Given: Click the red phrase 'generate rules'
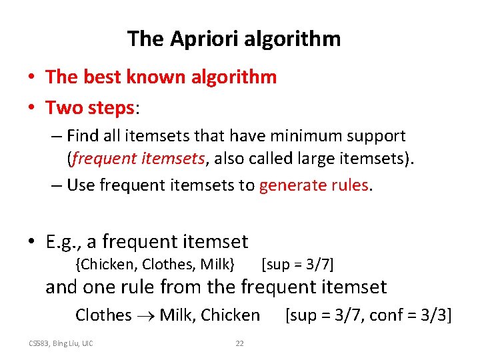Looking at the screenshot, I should pyautogui.click(x=313, y=185).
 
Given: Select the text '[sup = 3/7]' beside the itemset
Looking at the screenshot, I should pyautogui.click(x=298, y=264).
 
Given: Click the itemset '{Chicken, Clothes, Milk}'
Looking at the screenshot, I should pyautogui.click(x=155, y=264).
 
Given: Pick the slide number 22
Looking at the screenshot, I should pyautogui.click(x=239, y=343).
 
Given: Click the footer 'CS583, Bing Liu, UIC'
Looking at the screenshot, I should pyautogui.click(x=61, y=343).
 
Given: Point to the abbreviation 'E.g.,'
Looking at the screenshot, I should pyautogui.click(x=65, y=241).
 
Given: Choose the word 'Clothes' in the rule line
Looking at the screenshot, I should pyautogui.click(x=103, y=315).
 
